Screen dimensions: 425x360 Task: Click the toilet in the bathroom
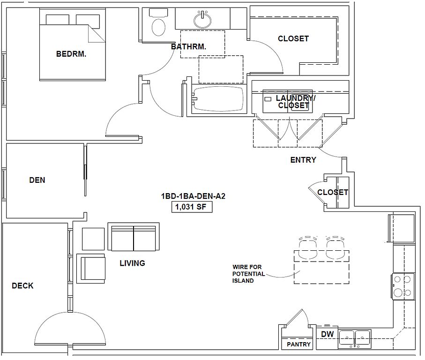click(x=158, y=23)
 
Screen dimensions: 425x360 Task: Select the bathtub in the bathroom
click(x=218, y=99)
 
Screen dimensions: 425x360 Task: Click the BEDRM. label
click(x=71, y=54)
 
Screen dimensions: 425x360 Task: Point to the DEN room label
click(x=37, y=180)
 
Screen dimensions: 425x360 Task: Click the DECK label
click(x=22, y=285)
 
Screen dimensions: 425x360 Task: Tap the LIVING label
click(x=132, y=263)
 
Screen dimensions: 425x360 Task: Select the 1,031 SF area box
click(x=192, y=207)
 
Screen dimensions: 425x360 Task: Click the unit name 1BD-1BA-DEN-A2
click(x=193, y=196)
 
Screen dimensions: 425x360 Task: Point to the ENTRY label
click(x=303, y=160)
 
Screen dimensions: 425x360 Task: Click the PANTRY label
click(x=298, y=344)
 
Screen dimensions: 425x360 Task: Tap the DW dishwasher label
click(x=327, y=334)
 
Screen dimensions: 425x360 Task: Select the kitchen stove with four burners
click(x=403, y=286)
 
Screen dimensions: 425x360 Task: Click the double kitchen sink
click(x=355, y=339)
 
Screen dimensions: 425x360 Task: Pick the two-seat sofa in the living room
click(x=134, y=237)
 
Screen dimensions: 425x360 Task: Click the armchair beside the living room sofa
click(x=91, y=269)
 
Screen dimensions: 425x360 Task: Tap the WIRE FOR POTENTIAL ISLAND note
click(x=248, y=274)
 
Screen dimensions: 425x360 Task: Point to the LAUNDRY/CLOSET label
click(x=295, y=102)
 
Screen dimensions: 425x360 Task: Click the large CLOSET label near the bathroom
click(x=293, y=38)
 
